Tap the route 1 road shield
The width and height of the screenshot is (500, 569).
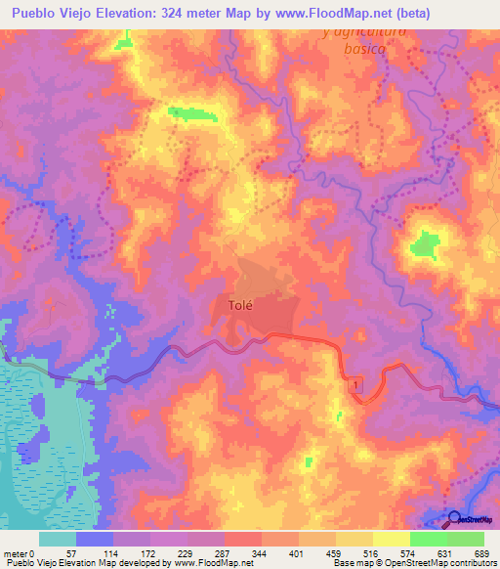tap(356, 385)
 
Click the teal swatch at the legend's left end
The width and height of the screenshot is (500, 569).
tap(58, 539)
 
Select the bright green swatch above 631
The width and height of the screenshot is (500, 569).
tap(428, 539)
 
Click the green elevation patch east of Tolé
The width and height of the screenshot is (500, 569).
tap(425, 244)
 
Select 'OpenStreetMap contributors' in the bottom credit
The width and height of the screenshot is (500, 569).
tap(443, 564)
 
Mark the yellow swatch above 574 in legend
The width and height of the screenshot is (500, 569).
tap(391, 539)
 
